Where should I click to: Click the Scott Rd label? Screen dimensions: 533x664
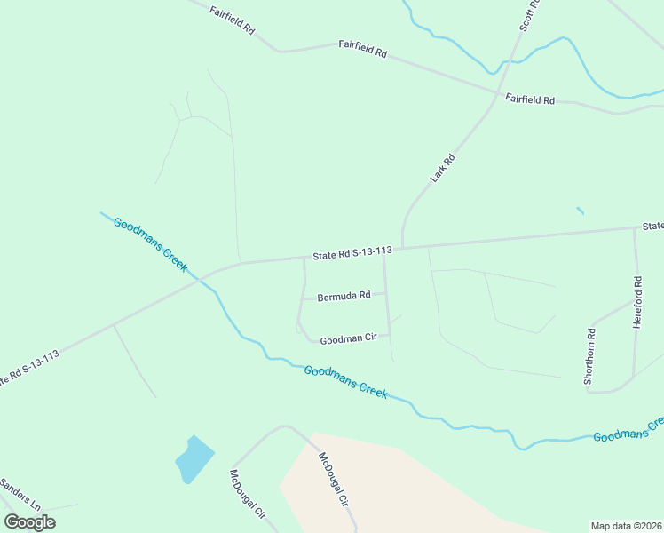click(530, 15)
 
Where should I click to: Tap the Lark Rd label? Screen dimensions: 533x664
click(442, 168)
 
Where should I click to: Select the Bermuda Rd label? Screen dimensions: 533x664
click(344, 296)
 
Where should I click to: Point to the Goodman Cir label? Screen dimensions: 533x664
click(349, 338)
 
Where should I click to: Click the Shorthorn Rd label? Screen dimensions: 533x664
click(589, 356)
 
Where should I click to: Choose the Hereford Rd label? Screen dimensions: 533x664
click(637, 304)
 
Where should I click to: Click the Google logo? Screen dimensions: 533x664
click(29, 521)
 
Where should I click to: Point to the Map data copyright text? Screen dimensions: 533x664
click(626, 526)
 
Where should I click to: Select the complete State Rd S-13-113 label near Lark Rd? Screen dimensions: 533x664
click(352, 254)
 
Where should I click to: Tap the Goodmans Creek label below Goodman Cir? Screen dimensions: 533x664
click(345, 382)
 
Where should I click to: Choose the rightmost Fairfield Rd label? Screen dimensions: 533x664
click(530, 99)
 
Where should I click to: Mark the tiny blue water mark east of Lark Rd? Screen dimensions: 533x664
click(580, 211)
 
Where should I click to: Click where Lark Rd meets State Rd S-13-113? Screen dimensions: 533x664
click(402, 248)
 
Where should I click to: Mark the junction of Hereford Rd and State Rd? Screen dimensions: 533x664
click(634, 228)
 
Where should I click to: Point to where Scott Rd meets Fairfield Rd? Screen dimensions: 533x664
click(497, 92)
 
